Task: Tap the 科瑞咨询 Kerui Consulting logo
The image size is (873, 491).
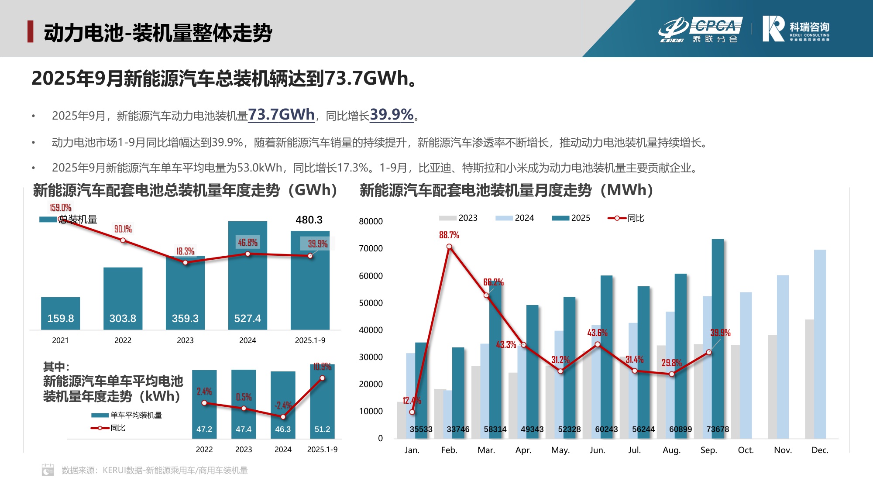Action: coord(795,29)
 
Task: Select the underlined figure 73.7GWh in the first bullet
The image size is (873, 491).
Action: coord(281,115)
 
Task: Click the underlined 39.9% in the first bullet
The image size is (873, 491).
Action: coord(391,115)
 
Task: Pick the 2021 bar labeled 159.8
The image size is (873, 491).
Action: coord(60,313)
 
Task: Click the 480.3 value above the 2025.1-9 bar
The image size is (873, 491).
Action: coord(309,220)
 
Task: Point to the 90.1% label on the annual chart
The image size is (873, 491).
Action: coord(123,229)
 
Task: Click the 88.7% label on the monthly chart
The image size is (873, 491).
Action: coord(449,235)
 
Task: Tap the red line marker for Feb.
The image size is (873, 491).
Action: coord(449,247)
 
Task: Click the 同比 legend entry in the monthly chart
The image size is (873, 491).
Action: coord(626,218)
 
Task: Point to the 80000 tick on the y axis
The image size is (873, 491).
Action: coord(371,221)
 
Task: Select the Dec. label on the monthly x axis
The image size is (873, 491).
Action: coord(819,450)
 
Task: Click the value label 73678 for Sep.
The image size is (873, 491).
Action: coord(717,429)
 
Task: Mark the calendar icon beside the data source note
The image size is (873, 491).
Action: coord(48,470)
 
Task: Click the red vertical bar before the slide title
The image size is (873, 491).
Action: coord(30,31)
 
